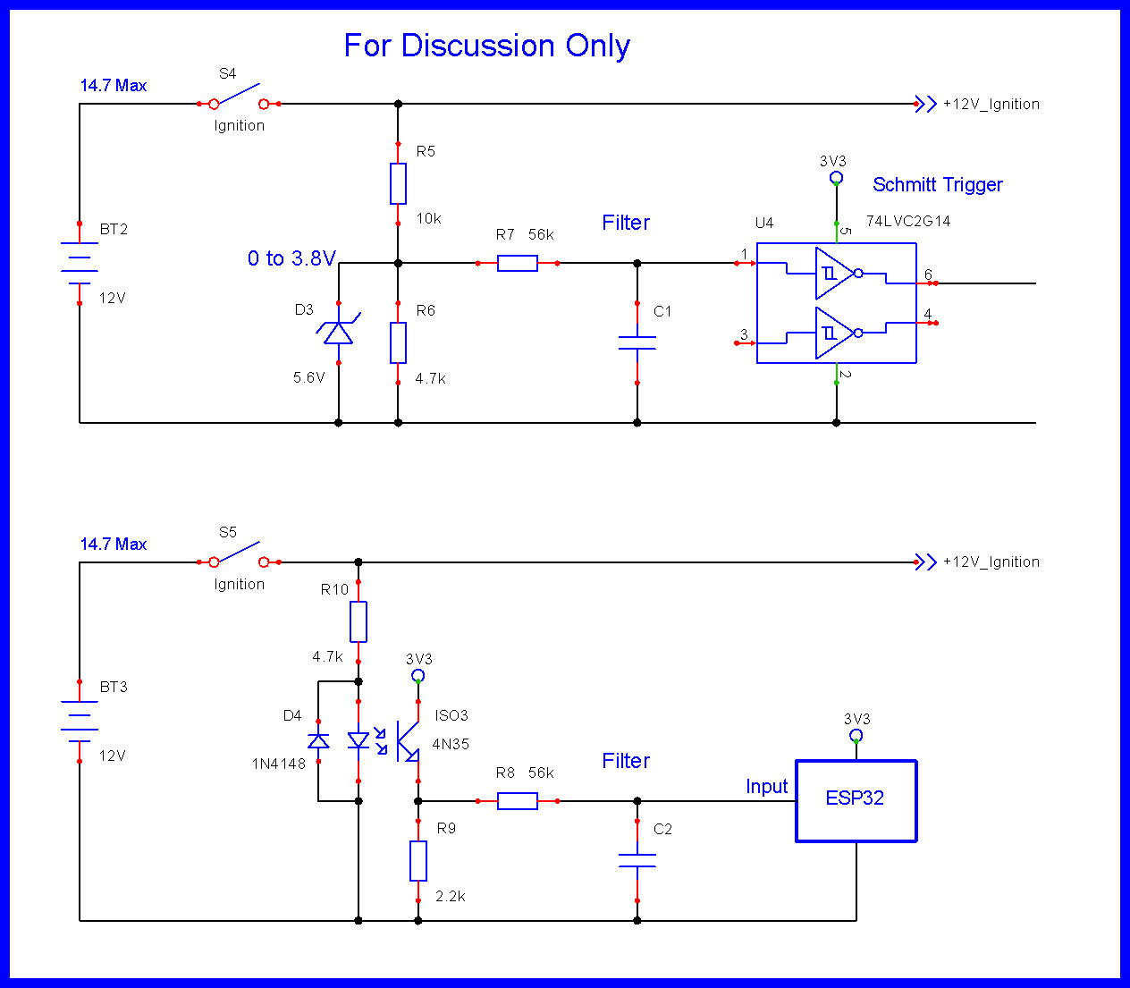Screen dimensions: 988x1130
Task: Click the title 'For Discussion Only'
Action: pyautogui.click(x=487, y=46)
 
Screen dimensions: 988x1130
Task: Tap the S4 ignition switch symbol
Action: pyautogui.click(x=239, y=98)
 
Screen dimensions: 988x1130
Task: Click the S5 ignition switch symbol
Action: pyautogui.click(x=239, y=557)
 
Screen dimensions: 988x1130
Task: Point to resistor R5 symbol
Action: pyautogui.click(x=398, y=183)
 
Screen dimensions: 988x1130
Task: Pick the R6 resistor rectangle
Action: pyautogui.click(x=398, y=342)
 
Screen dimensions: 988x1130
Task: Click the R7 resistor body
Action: pyautogui.click(x=517, y=263)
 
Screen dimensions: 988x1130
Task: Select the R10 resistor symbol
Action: pyautogui.click(x=358, y=621)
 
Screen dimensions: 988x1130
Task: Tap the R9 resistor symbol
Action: pyautogui.click(x=417, y=860)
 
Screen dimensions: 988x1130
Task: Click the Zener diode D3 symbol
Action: pyautogui.click(x=338, y=333)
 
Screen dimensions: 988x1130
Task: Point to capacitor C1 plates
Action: pyautogui.click(x=637, y=342)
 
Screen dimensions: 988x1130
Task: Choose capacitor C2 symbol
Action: pyautogui.click(x=637, y=860)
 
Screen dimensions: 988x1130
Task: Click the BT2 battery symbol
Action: pyautogui.click(x=80, y=262)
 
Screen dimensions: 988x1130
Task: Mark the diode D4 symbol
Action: pyautogui.click(x=318, y=740)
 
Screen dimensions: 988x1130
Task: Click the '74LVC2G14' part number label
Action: pyautogui.click(x=907, y=221)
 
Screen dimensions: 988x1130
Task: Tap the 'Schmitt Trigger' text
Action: pyautogui.click(x=937, y=185)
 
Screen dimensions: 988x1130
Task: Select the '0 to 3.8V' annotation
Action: pyautogui.click(x=291, y=258)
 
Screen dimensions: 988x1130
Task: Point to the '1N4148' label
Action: pyautogui.click(x=278, y=764)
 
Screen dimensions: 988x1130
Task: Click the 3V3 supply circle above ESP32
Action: pyautogui.click(x=856, y=736)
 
